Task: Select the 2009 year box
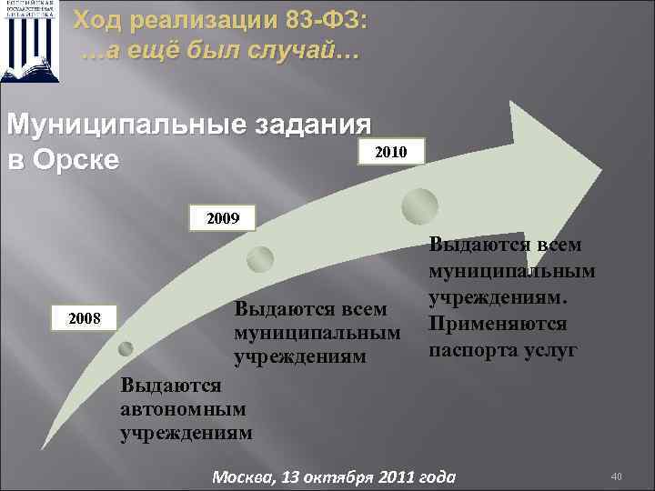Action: [223, 219]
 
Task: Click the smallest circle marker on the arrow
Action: [126, 346]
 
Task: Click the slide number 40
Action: [616, 475]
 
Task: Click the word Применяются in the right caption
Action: [498, 324]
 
